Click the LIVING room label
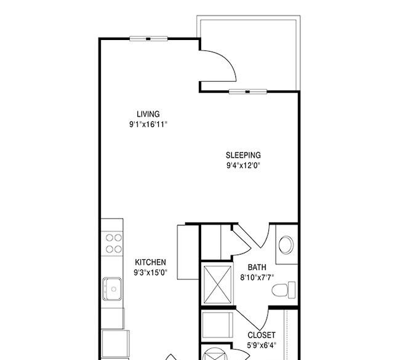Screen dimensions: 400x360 [148, 114]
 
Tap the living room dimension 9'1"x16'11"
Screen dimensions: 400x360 [148, 124]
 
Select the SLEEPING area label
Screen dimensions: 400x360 [243, 155]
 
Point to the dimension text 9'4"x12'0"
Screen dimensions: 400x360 [243, 166]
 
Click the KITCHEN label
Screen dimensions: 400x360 [150, 262]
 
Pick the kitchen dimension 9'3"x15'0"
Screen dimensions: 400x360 [150, 273]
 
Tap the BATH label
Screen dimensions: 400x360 [257, 267]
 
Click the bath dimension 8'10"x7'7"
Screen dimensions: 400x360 [257, 277]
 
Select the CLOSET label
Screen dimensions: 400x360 [262, 335]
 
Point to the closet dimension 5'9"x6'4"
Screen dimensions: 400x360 [262, 345]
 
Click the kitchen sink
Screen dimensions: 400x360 [112, 289]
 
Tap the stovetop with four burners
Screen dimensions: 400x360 [112, 243]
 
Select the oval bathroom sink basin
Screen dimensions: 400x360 [286, 245]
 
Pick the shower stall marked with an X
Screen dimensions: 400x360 [218, 285]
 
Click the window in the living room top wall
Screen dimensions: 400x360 [148, 39]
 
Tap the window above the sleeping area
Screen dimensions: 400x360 [248, 92]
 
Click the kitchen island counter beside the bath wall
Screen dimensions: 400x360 [188, 252]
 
